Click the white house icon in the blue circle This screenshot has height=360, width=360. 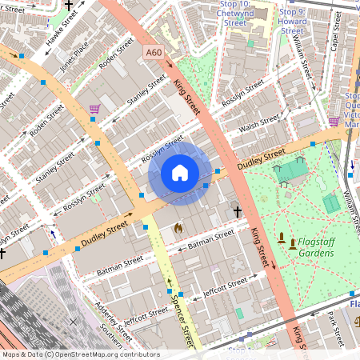click(x=180, y=173)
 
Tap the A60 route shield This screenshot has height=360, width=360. click(x=154, y=52)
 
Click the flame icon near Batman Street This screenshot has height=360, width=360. click(x=178, y=228)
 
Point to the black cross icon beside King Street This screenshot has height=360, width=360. click(x=238, y=211)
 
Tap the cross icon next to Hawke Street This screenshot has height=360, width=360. click(x=69, y=6)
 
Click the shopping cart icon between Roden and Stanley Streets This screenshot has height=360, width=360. click(x=94, y=108)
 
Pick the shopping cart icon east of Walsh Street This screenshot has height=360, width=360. click(x=334, y=122)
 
